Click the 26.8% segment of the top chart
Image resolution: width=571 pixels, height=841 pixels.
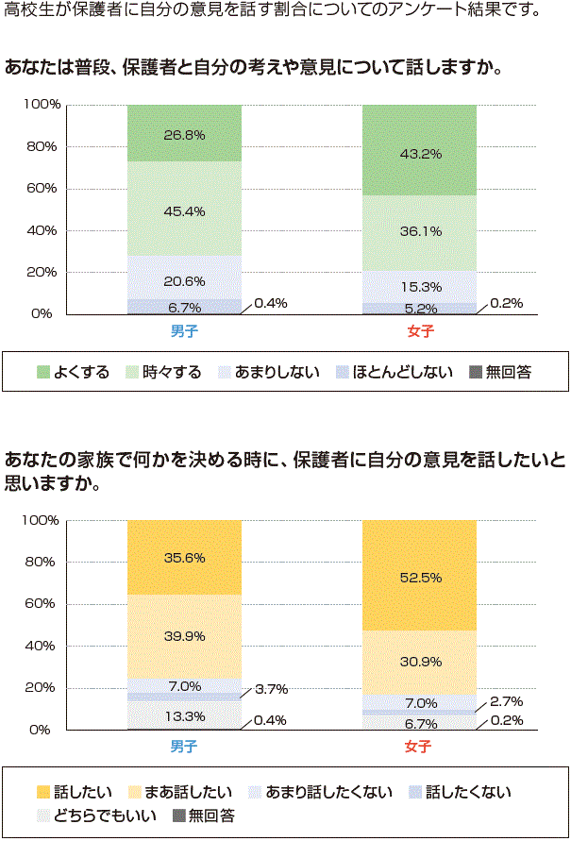184,133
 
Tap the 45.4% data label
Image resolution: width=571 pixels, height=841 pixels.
184,210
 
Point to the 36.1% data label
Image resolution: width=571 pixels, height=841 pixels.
420,230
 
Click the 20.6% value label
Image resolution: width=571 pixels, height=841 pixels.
184,281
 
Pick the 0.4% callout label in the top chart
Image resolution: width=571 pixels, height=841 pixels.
270,303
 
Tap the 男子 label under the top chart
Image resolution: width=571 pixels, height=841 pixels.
184,331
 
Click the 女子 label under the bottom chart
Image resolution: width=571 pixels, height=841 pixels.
419,747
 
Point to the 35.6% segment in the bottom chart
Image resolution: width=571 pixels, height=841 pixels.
184,557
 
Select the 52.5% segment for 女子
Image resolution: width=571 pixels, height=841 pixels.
420,578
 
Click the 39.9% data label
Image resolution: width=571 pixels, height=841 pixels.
184,636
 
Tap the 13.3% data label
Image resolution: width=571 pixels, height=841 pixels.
184,716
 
